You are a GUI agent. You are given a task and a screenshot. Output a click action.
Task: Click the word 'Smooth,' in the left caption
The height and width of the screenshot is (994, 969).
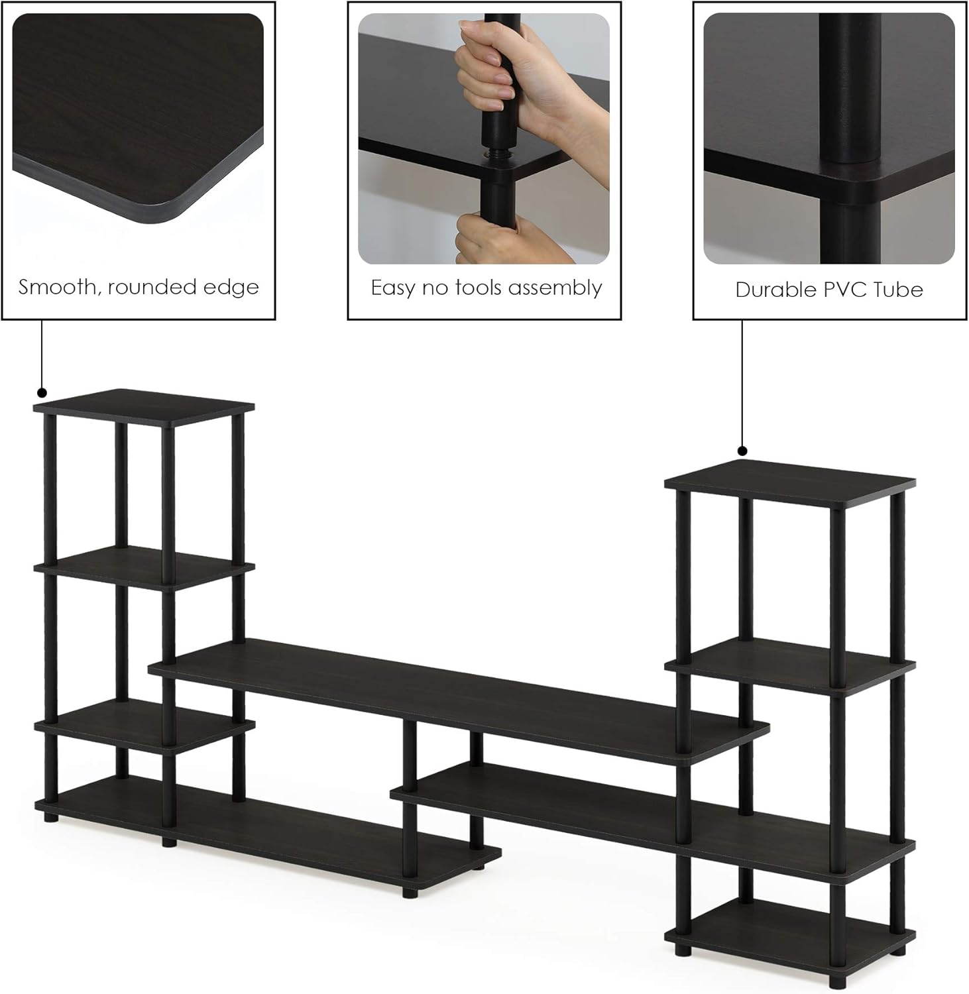coord(59,287)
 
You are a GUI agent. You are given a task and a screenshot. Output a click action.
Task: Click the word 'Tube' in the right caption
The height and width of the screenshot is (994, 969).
coord(897,290)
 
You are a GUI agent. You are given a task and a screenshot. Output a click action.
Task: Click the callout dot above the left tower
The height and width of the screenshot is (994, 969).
coord(42,392)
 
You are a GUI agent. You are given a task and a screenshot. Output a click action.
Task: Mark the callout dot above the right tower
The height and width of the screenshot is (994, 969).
coord(742,451)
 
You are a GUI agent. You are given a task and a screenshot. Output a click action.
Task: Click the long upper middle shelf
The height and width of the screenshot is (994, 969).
coord(457,696)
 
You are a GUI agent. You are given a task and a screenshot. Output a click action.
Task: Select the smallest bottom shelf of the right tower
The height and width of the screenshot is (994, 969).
coord(789,928)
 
